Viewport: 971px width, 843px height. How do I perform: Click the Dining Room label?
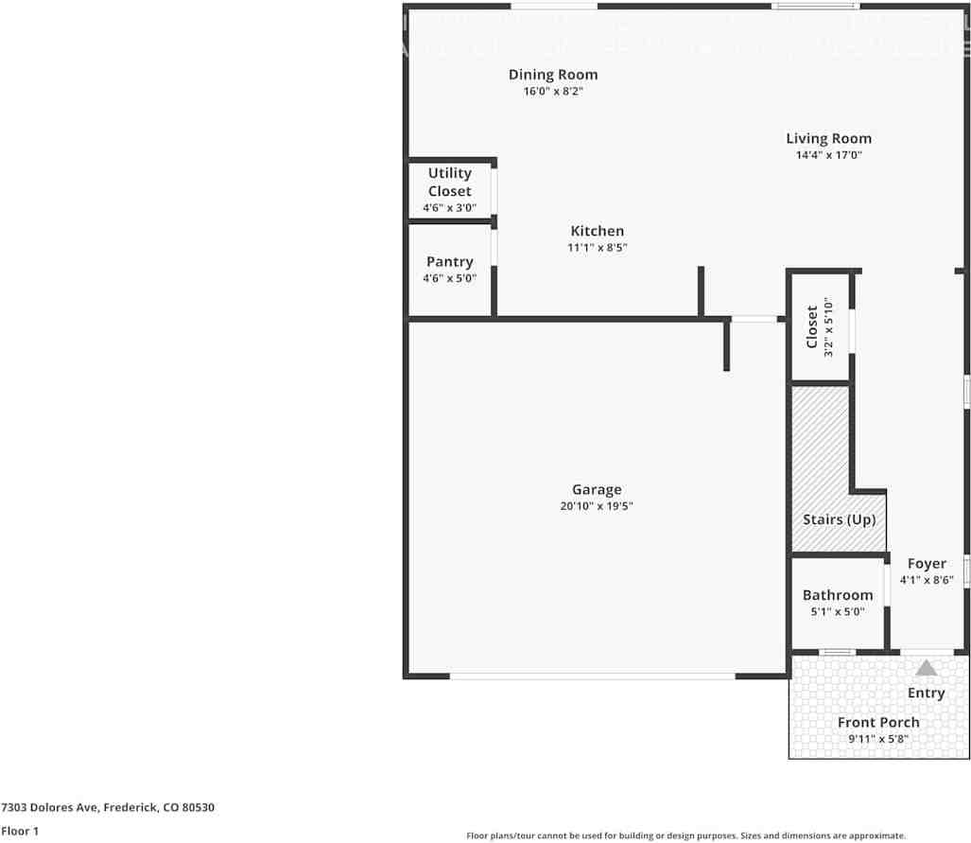553,75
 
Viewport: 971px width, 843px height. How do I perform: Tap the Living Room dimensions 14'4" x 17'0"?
828,154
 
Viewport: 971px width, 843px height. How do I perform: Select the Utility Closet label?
449,182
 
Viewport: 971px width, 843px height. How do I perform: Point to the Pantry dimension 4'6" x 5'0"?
449,278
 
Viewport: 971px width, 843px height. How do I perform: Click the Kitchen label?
597,231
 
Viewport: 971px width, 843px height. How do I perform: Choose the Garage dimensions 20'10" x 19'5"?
596,506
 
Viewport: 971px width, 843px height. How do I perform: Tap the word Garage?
596,489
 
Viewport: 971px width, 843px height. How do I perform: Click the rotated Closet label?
811,326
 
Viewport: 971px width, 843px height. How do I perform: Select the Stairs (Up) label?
839,519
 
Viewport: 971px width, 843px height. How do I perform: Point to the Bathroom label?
837,595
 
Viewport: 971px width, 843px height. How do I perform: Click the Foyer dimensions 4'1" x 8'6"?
926,580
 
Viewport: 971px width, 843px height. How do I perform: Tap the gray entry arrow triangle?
926,668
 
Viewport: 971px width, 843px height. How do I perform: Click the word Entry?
926,693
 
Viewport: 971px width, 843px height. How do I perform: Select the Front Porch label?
878,722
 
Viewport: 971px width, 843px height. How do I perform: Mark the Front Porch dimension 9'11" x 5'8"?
878,739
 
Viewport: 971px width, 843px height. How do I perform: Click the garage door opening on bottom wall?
592,676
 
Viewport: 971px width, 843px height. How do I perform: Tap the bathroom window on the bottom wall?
837,652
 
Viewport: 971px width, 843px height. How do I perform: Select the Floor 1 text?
19,831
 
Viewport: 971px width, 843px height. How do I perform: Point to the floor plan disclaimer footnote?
685,835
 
